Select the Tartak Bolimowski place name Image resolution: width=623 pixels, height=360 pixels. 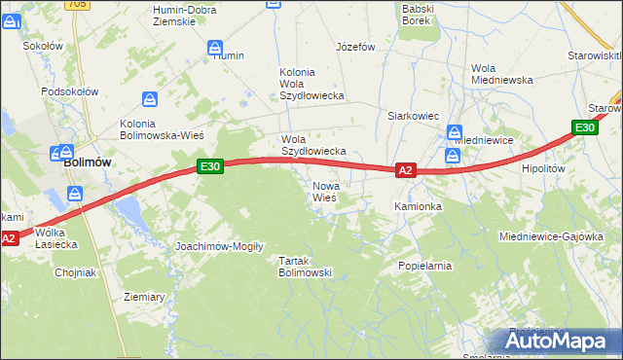[306, 267]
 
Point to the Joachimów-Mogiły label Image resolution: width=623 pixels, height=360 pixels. [219, 246]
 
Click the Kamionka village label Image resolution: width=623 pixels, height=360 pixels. [418, 207]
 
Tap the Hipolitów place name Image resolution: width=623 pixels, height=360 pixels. [543, 168]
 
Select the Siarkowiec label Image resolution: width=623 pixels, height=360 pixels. [413, 116]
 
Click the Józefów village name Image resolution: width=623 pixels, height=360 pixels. [355, 47]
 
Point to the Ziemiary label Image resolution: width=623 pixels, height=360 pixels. [144, 296]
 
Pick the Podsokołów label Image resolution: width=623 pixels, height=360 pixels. [70, 91]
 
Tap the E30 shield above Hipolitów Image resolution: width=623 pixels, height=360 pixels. [584, 127]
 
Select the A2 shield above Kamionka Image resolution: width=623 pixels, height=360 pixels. [407, 170]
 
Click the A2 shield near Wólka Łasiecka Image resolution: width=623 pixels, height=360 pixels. [9, 237]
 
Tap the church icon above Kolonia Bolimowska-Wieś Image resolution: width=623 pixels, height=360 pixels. [149, 99]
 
